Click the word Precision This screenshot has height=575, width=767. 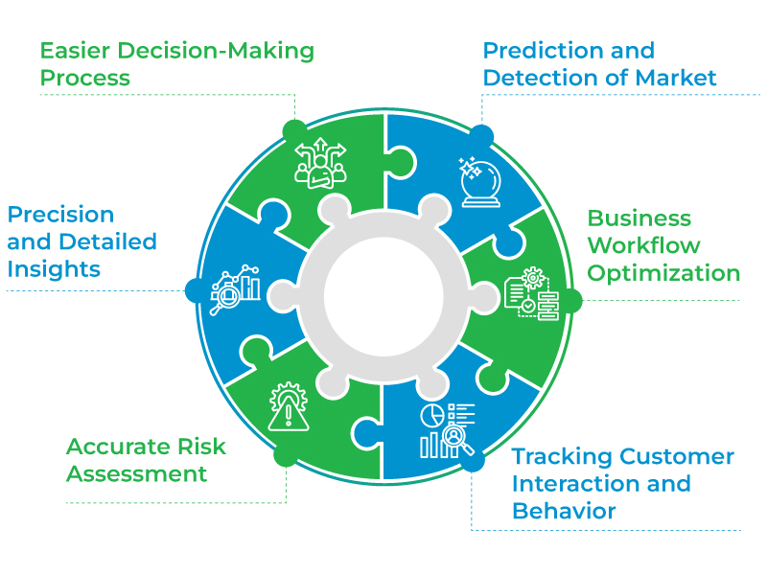(x=60, y=215)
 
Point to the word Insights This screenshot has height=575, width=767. (x=54, y=269)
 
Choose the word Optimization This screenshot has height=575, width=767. (x=663, y=273)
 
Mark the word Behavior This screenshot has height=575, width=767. (x=564, y=511)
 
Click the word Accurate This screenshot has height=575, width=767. (x=119, y=447)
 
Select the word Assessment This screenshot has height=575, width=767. (x=136, y=473)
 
